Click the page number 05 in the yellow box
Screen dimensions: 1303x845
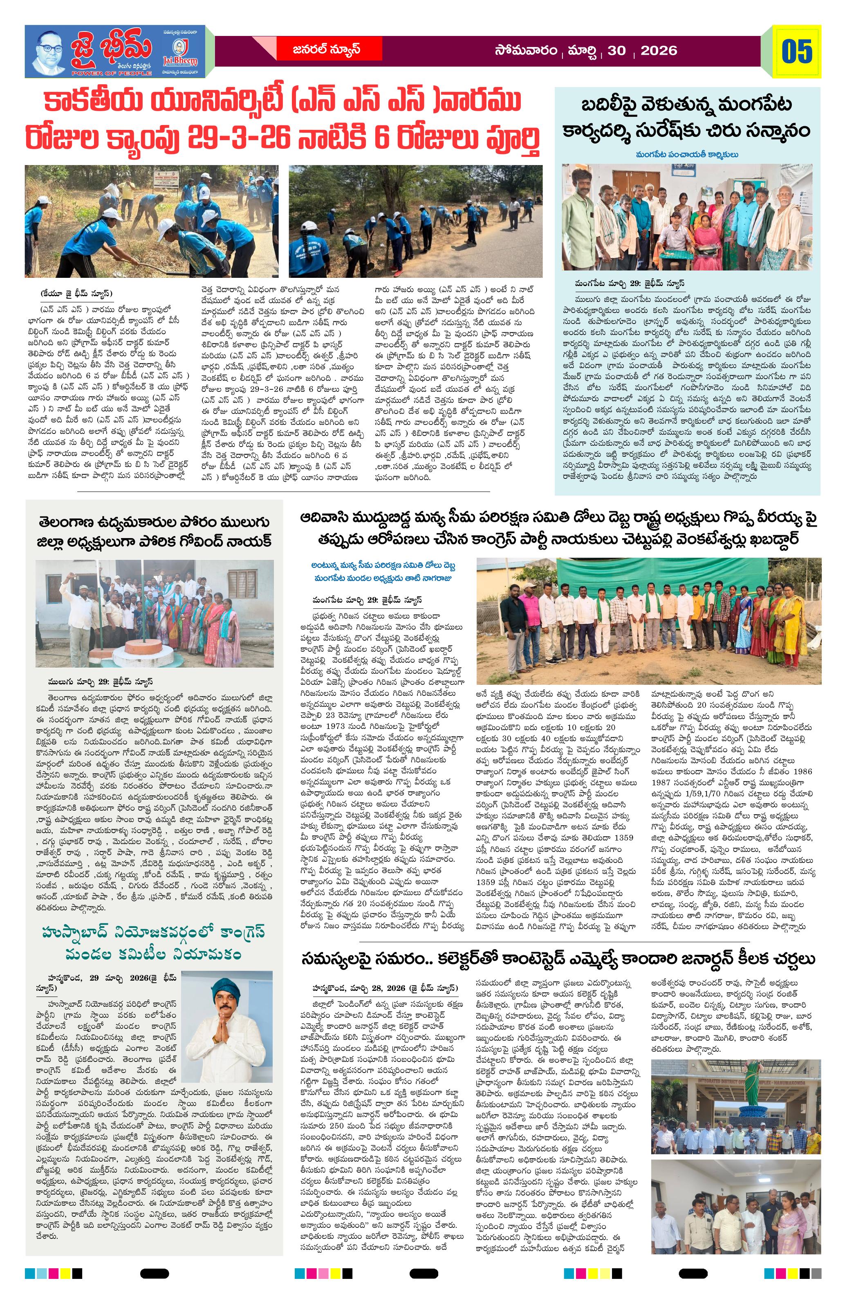point(797,51)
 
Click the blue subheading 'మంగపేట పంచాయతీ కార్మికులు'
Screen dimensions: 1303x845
point(687,154)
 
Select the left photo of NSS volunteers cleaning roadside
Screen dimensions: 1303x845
point(151,221)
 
